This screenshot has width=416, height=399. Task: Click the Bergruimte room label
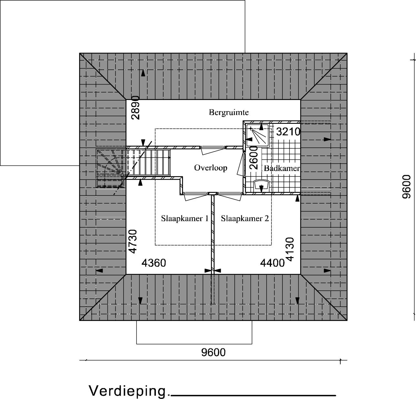229,113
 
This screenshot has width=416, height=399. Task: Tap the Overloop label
210,168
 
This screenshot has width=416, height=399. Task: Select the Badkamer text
282,168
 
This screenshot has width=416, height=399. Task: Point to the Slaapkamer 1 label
185,218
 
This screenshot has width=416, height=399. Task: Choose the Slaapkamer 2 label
245,218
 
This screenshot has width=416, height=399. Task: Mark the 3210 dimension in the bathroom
289,132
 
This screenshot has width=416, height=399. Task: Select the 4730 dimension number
133,242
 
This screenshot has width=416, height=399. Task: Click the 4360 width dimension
154,263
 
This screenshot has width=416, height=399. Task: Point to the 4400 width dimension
272,263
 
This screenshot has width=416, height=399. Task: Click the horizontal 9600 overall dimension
213,352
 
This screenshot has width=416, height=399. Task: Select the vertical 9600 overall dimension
406,187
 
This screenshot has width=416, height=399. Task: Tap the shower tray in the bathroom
258,135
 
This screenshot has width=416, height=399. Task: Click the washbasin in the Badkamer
261,185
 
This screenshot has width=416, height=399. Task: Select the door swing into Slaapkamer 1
196,197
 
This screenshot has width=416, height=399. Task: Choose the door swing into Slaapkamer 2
229,197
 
